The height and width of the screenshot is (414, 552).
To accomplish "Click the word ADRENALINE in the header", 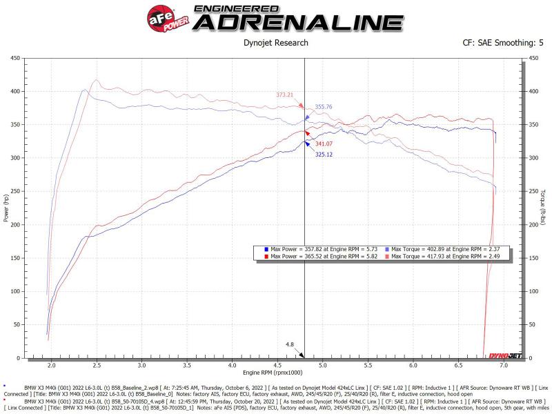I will tap(298, 22).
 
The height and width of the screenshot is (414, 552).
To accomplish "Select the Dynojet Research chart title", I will tap(276, 43).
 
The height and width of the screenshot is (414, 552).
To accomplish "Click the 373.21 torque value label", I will tap(285, 95).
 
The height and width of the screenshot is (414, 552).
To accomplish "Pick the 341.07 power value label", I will tap(324, 144).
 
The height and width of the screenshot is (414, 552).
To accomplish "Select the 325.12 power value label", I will tap(324, 154).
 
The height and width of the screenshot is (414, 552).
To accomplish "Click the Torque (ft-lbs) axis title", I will tap(544, 208).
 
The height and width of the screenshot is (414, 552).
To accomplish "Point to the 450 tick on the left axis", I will tap(14, 58).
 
